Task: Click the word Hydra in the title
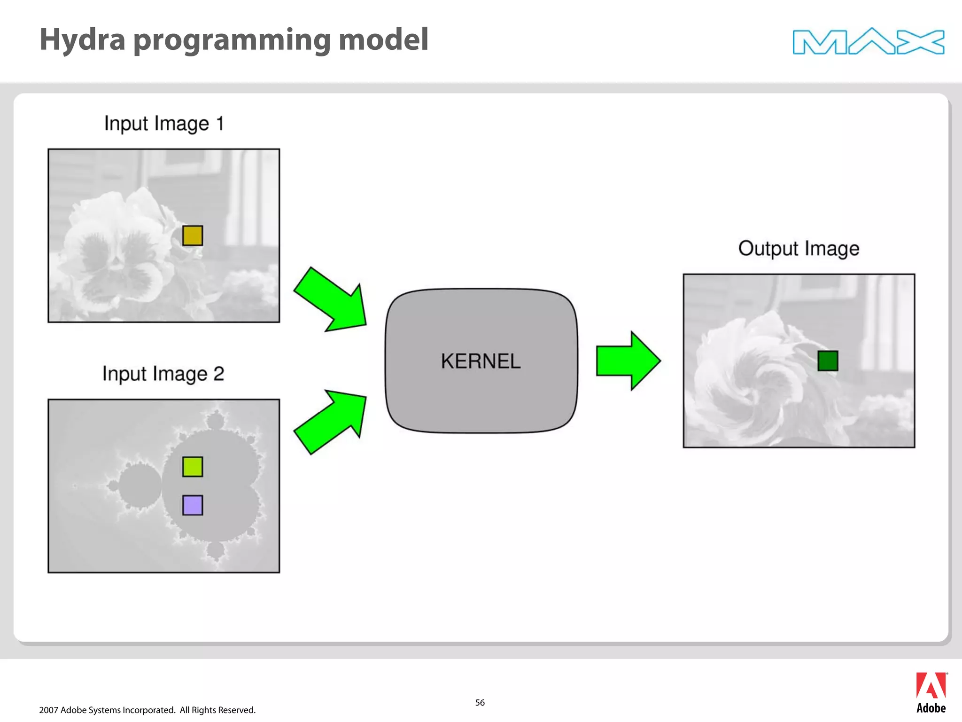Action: pyautogui.click(x=83, y=39)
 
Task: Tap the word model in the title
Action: pyautogui.click(x=383, y=39)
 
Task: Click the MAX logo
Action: pyautogui.click(x=868, y=41)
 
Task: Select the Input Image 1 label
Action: pyautogui.click(x=164, y=124)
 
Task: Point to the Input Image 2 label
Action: pyautogui.click(x=163, y=374)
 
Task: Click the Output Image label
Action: pyautogui.click(x=799, y=249)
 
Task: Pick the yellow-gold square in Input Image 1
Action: pyautogui.click(x=193, y=235)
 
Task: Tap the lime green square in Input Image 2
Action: pyautogui.click(x=193, y=467)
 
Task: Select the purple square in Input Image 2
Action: pyautogui.click(x=193, y=505)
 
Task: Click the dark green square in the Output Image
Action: pyautogui.click(x=828, y=361)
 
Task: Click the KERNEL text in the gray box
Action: pyautogui.click(x=481, y=361)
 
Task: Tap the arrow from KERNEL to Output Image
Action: pyautogui.click(x=628, y=361)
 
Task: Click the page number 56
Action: pyautogui.click(x=480, y=703)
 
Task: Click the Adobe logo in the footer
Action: pyautogui.click(x=931, y=692)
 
